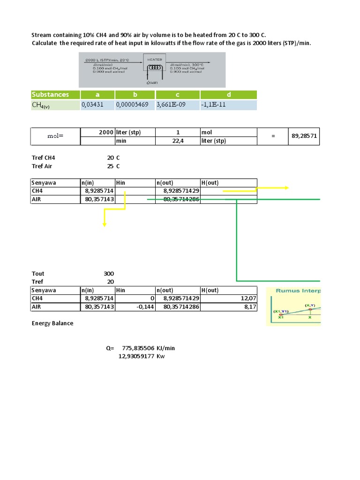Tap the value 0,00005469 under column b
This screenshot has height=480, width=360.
tap(133, 105)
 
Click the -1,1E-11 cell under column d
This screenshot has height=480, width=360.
tap(214, 105)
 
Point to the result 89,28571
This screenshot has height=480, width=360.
tap(304, 135)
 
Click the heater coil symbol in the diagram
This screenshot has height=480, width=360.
tap(154, 67)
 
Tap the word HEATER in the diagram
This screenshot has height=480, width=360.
tap(155, 60)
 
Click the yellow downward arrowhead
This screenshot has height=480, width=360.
tap(105, 225)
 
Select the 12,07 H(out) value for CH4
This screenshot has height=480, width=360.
tap(248, 298)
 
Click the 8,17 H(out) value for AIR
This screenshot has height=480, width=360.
tap(250, 307)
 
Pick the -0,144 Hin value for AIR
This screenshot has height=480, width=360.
tap(147, 307)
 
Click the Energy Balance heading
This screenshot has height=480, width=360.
tap(52, 323)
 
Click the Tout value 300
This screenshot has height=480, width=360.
tap(108, 274)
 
